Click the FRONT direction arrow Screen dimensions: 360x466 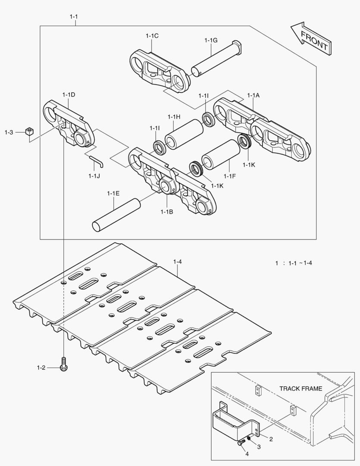coord(311,39)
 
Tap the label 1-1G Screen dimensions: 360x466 coord(211,40)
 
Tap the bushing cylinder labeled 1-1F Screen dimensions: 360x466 coord(221,154)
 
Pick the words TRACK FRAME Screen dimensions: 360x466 coord(301,388)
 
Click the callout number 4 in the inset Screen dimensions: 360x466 coord(247,454)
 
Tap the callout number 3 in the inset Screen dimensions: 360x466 coord(259,447)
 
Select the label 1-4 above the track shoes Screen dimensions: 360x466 coord(177,261)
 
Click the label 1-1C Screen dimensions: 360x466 coord(152,36)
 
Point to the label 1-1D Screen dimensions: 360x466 coord(69,94)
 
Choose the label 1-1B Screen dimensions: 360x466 coord(166,211)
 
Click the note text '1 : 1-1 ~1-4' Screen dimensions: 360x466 coord(294,263)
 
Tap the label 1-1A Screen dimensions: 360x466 coord(254,95)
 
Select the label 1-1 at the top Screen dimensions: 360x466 coord(74,16)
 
